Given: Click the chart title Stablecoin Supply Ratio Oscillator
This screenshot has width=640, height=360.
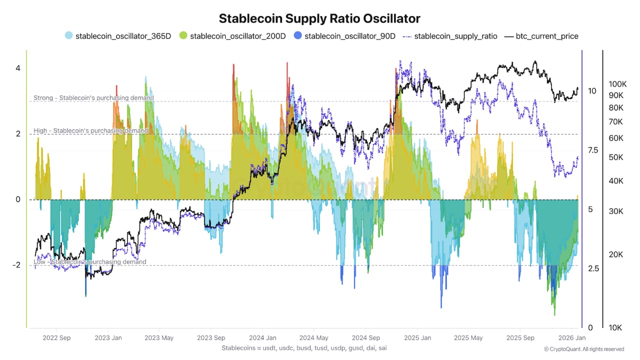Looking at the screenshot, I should click(320, 18).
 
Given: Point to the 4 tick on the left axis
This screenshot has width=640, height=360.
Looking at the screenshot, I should click(17, 68).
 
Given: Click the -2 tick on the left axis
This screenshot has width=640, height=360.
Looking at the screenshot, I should click(15, 265).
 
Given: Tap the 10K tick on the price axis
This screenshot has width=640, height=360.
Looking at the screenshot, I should click(615, 328).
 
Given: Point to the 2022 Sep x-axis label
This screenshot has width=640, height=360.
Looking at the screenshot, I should click(56, 338).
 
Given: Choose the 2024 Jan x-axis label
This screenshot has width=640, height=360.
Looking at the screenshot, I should click(262, 338).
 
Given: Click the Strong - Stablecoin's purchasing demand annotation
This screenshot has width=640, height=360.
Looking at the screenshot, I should click(93, 98).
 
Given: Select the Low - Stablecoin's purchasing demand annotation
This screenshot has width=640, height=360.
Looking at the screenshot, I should click(90, 262).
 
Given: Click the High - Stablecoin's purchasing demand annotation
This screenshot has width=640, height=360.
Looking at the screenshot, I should click(90, 130).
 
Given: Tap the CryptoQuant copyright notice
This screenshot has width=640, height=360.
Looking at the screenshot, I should click(584, 349).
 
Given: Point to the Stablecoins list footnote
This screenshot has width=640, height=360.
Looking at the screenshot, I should click(304, 347).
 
